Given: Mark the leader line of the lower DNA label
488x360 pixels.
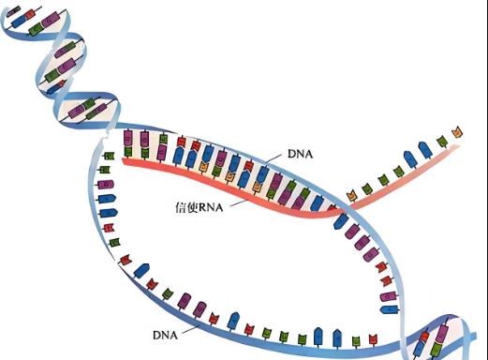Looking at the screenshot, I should [x=187, y=324].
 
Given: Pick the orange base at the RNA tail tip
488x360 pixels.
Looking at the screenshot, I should [x=456, y=130].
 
